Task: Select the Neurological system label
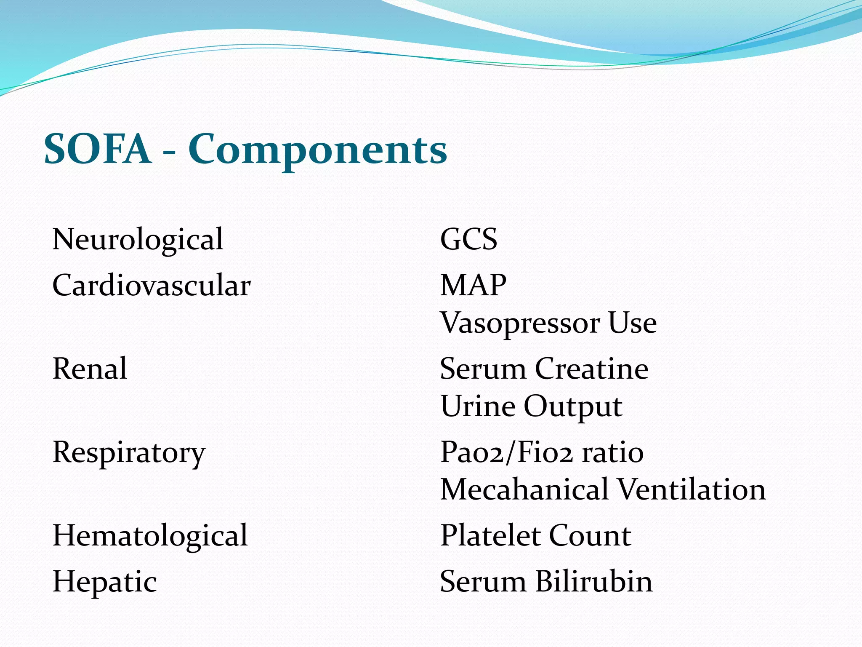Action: pyautogui.click(x=138, y=240)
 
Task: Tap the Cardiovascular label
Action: pyautogui.click(x=152, y=286)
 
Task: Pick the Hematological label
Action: pyautogui.click(x=150, y=536)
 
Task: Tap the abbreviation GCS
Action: pyautogui.click(x=468, y=240)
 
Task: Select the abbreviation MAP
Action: pyautogui.click(x=473, y=286)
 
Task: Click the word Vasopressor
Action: pyautogui.click(x=520, y=323)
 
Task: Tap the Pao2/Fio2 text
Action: pyautogui.click(x=506, y=453)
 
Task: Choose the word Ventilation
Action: pyautogui.click(x=692, y=490)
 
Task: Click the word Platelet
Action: pyautogui.click(x=490, y=536)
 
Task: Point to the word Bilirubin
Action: pyautogui.click(x=593, y=582)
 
